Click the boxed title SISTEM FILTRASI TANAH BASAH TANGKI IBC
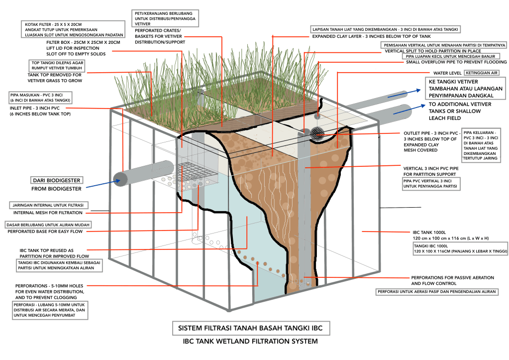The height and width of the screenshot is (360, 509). click(x=251, y=329)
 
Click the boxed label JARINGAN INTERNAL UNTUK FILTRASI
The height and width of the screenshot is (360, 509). click(x=49, y=205)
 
